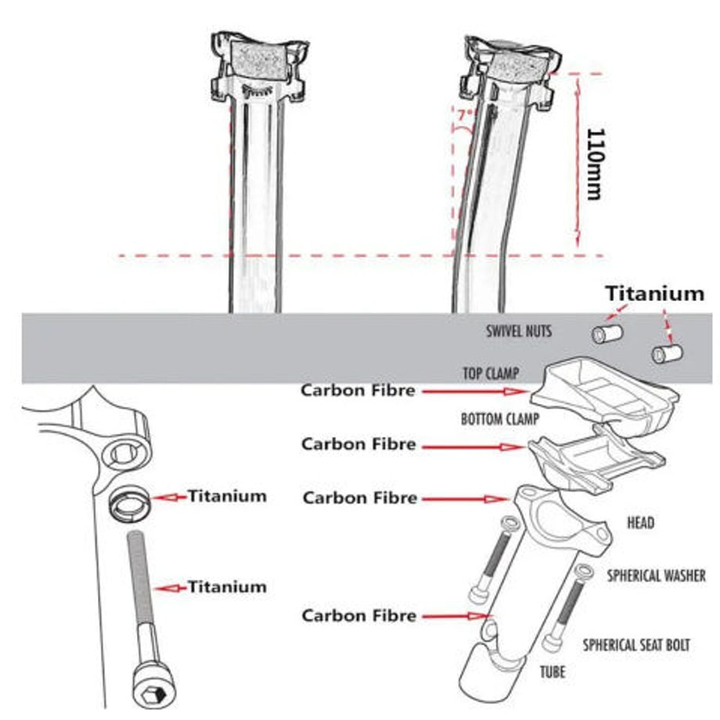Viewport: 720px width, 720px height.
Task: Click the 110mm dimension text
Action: pyautogui.click(x=596, y=164)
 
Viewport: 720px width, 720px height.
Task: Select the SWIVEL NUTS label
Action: pyautogui.click(x=519, y=331)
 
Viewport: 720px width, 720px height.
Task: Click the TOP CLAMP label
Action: pyautogui.click(x=491, y=373)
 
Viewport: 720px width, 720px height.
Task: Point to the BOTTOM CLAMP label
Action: pyautogui.click(x=500, y=419)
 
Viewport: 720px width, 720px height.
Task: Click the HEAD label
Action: pyautogui.click(x=640, y=523)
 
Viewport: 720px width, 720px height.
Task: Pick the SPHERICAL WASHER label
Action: pyautogui.click(x=656, y=576)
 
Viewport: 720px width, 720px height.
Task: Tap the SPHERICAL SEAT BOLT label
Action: pyautogui.click(x=636, y=645)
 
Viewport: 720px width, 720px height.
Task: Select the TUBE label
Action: pyautogui.click(x=553, y=672)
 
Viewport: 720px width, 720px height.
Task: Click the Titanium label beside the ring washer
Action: pyautogui.click(x=227, y=496)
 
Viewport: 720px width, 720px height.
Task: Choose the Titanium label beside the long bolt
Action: pyautogui.click(x=227, y=587)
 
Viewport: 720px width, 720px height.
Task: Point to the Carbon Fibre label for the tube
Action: pyautogui.click(x=359, y=616)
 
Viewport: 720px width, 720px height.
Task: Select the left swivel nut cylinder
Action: pyautogui.click(x=607, y=333)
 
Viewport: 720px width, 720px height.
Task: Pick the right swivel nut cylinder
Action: pyautogui.click(x=668, y=354)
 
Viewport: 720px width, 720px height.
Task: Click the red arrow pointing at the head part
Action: pyautogui.click(x=466, y=499)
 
